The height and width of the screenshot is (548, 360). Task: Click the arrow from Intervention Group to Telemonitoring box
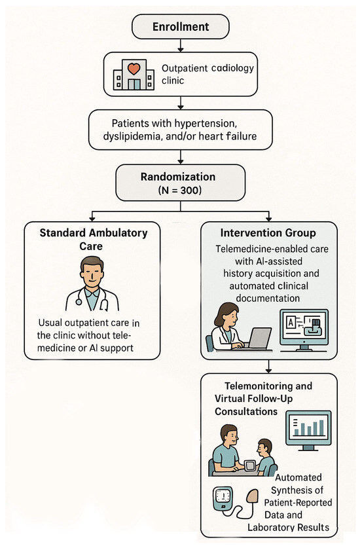coord(268,365)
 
